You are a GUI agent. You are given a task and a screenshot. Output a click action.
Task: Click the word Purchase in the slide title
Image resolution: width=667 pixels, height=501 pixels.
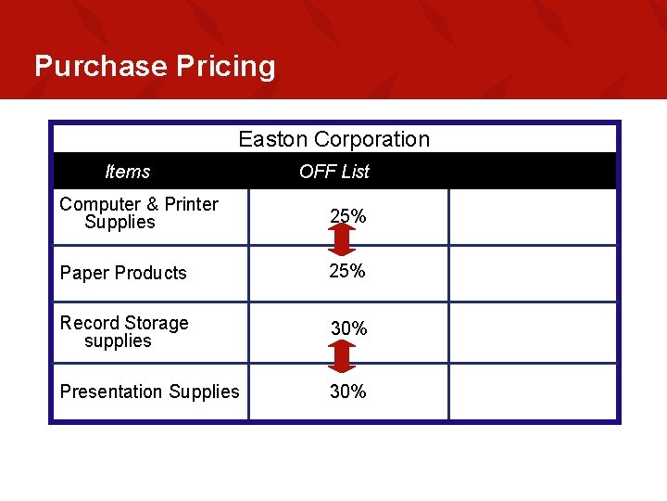[101, 67]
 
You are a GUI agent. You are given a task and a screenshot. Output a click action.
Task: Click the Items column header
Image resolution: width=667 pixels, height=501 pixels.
[128, 172]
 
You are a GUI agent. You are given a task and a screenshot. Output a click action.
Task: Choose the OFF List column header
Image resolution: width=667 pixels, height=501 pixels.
[334, 172]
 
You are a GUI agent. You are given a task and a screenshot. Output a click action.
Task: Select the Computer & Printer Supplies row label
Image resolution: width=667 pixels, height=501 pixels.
[139, 213]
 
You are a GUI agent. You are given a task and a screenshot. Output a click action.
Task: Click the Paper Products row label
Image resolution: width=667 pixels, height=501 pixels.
[123, 273]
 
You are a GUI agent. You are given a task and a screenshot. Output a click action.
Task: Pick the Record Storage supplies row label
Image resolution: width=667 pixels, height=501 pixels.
[123, 332]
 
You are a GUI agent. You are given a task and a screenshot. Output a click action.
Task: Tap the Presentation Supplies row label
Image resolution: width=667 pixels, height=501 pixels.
[149, 392]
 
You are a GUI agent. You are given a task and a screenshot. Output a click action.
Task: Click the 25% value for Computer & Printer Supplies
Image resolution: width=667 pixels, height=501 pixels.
[348, 216]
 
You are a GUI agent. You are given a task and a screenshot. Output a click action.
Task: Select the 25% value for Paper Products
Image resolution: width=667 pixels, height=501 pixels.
[348, 271]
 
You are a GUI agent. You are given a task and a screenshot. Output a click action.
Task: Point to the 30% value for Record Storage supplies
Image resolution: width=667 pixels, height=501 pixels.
[348, 328]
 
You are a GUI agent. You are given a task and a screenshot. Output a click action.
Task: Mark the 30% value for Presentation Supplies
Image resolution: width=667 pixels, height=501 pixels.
[348, 392]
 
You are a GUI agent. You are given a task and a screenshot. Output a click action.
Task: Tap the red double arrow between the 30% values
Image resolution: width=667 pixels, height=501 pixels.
[342, 356]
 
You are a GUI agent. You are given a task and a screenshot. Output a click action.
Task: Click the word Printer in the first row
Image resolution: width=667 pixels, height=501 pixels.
[192, 204]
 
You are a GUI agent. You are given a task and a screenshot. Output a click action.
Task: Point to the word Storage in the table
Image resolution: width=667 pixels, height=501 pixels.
[157, 323]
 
